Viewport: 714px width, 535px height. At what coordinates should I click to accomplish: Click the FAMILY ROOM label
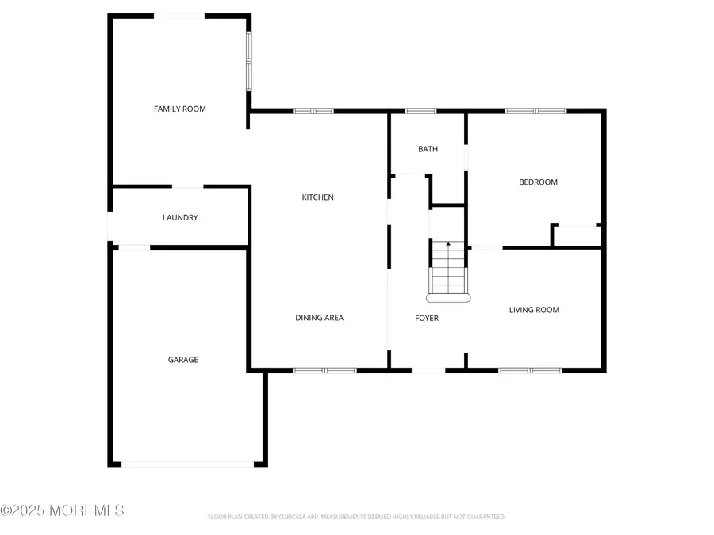(x=180, y=109)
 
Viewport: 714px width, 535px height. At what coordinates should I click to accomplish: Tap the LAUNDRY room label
(x=180, y=217)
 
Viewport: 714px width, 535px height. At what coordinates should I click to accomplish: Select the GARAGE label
(x=182, y=359)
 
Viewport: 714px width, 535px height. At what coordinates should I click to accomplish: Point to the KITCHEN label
(x=317, y=197)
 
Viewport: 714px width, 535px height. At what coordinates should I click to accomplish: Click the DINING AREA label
(x=319, y=318)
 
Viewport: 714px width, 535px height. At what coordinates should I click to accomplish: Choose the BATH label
(x=428, y=149)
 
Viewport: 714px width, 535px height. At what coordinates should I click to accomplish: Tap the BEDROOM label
(x=538, y=182)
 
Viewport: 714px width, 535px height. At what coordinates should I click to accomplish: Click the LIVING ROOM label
(x=534, y=310)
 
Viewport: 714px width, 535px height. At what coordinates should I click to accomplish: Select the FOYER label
(x=427, y=318)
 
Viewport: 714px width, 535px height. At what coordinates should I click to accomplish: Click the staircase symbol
(x=448, y=271)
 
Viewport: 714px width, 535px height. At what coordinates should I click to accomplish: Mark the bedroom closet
(x=578, y=236)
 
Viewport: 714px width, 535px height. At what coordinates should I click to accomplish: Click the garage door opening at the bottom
(x=188, y=464)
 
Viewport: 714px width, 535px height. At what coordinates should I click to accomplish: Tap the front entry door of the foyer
(x=428, y=369)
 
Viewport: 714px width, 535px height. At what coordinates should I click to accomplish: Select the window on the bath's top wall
(x=420, y=111)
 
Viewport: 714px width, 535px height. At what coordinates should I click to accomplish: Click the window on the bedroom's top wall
(x=535, y=111)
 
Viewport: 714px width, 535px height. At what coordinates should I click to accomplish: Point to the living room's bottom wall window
(x=530, y=369)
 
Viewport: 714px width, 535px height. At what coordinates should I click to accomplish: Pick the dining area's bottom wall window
(x=324, y=369)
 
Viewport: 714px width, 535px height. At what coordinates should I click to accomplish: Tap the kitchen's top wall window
(x=313, y=111)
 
